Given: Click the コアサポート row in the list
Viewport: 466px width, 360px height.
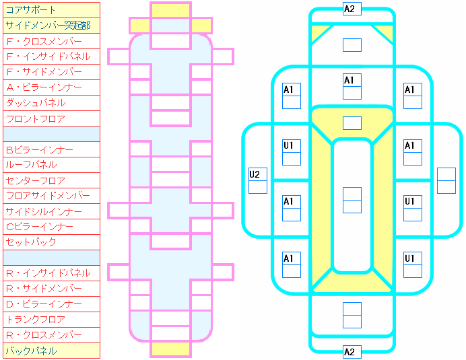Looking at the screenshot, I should click(51, 10).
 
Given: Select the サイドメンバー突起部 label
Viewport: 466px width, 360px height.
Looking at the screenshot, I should click(51, 26).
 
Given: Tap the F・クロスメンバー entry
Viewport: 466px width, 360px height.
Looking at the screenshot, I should click(51, 41).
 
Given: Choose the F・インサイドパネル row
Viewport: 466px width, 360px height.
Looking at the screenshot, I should click(51, 57).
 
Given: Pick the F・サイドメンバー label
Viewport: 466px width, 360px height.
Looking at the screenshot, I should click(51, 72).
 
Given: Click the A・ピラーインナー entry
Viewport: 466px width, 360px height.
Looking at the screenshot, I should click(51, 87).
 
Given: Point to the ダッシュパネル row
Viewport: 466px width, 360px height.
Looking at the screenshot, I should click(51, 103).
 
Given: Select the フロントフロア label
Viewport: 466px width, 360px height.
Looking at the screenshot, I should click(51, 118).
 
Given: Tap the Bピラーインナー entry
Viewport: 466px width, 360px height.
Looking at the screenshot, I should click(51, 149).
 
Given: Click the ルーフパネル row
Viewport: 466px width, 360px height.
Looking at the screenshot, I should click(51, 165).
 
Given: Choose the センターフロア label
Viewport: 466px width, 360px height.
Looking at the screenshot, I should click(51, 180).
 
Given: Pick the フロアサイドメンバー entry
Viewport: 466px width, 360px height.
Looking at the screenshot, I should click(51, 196).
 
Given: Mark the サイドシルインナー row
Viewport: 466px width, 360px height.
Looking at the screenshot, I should click(51, 211).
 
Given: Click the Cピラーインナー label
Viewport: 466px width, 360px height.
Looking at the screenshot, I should click(51, 227).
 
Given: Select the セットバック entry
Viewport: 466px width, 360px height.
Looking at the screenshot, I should click(51, 242).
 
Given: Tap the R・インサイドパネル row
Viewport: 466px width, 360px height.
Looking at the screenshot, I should click(51, 273).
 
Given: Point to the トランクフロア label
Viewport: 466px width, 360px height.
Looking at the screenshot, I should click(51, 320).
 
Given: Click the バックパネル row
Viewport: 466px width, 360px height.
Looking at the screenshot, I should click(51, 351).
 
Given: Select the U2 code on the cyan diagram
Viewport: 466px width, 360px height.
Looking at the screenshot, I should click(258, 174).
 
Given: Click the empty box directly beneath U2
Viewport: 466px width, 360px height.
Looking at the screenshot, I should click(258, 186).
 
